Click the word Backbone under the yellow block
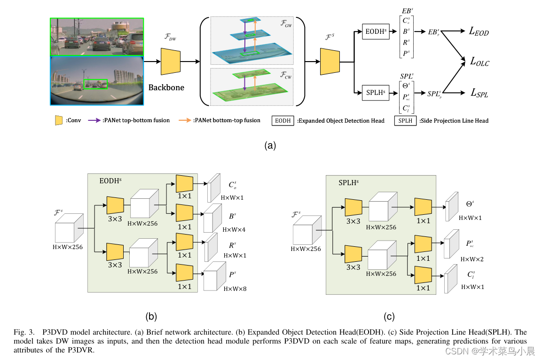click(x=166, y=87)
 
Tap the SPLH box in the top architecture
click(x=376, y=93)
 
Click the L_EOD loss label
click(x=479, y=32)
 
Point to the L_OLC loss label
click(x=479, y=62)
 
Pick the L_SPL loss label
click(x=479, y=93)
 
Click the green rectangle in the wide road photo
click(x=96, y=84)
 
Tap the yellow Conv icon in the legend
click(x=59, y=120)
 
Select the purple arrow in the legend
click(x=95, y=120)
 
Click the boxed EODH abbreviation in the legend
click(x=283, y=121)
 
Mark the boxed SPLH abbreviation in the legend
click(x=405, y=121)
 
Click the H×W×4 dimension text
click(x=234, y=229)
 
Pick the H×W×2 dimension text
click(x=472, y=259)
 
